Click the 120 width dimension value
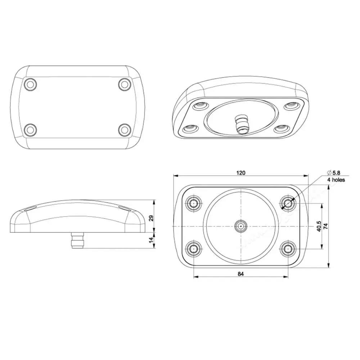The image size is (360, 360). point(240,173)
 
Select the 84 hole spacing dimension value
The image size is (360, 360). point(240,274)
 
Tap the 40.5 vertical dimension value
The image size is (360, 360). point(319,226)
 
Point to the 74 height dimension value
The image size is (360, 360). point(325,226)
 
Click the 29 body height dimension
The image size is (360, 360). point(151,218)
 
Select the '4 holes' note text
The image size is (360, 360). point(336,180)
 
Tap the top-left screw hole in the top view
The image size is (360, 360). point(30,84)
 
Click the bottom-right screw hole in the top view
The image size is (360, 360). point(125,130)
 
